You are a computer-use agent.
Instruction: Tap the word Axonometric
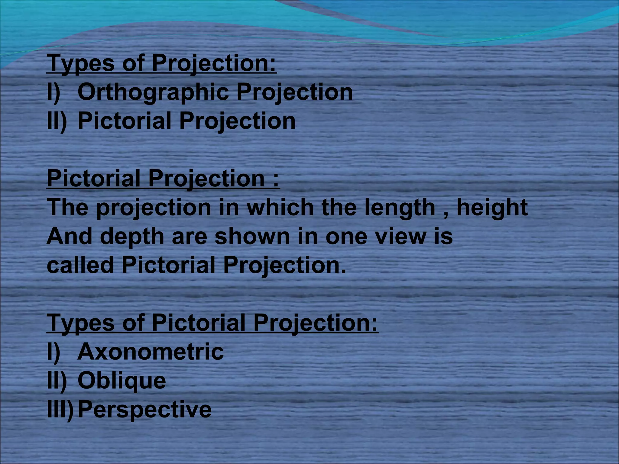click(x=150, y=352)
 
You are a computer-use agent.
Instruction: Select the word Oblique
click(x=122, y=381)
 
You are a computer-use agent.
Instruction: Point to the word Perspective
click(x=144, y=410)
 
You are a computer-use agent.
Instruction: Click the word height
click(x=492, y=208)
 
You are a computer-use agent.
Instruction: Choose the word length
click(x=399, y=208)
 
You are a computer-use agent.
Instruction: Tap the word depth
click(x=132, y=237)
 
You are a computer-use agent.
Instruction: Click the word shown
click(x=252, y=237)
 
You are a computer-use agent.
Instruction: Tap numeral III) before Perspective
click(x=60, y=410)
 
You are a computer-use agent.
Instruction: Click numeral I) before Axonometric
click(x=53, y=352)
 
